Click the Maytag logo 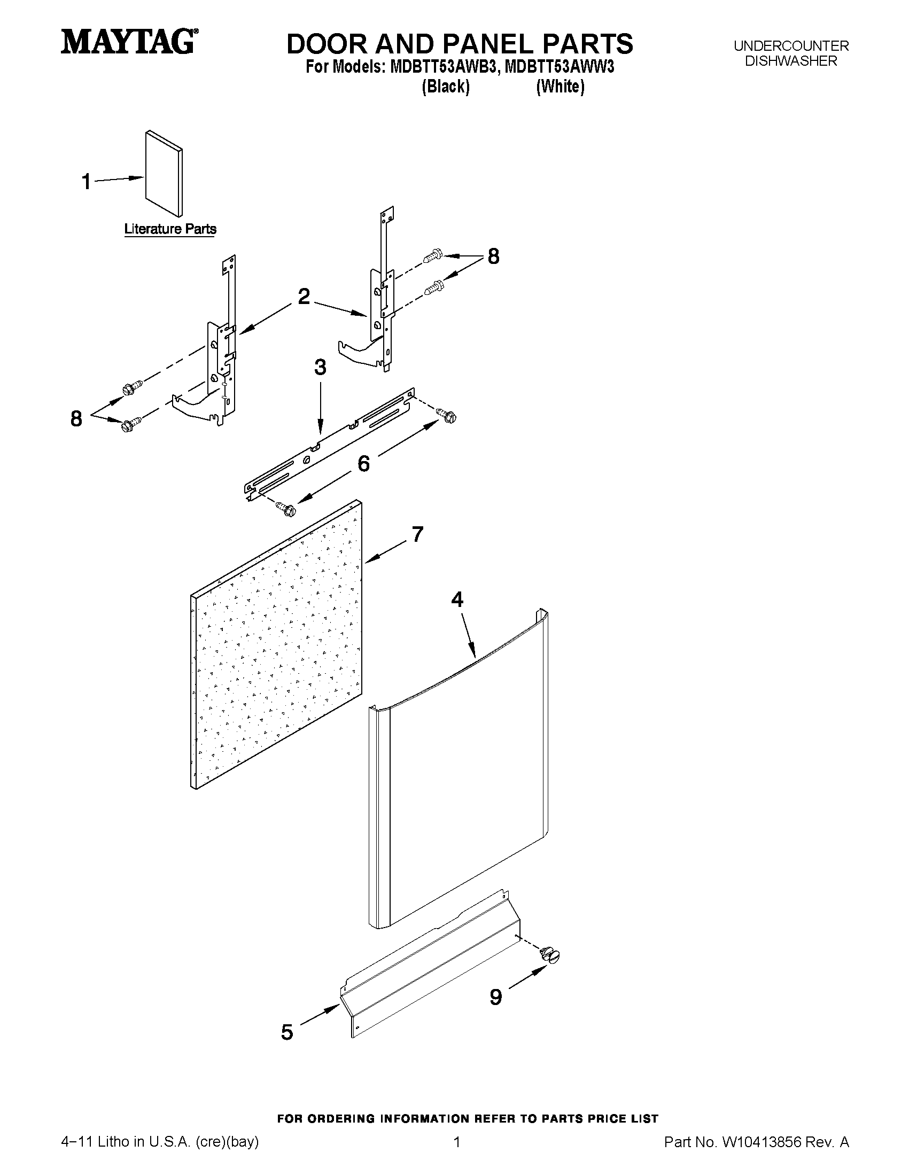(x=127, y=42)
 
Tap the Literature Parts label (x=170, y=229)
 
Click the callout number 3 (x=320, y=367)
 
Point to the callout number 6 (x=364, y=463)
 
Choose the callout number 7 (x=417, y=534)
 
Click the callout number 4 (x=457, y=599)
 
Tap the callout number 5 (x=287, y=1032)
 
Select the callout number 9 (x=495, y=997)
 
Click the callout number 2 (x=304, y=296)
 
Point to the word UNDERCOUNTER (x=791, y=46)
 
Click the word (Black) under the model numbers (x=445, y=86)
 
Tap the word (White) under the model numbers (x=560, y=86)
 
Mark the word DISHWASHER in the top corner (x=791, y=61)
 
